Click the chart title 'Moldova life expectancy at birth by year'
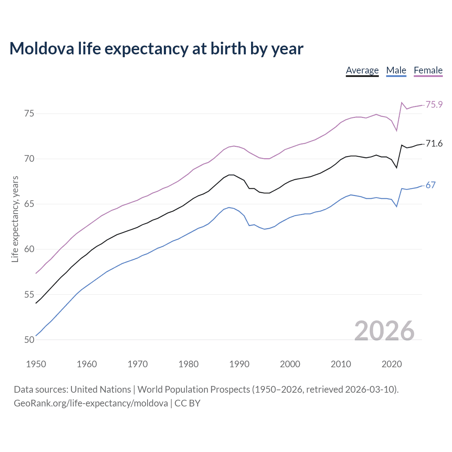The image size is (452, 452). coord(156,48)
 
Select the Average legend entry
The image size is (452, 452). coord(362,70)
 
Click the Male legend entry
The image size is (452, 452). coord(396,70)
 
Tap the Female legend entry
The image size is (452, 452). coord(428,70)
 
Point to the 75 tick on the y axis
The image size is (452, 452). coord(29,114)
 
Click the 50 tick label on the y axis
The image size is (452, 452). coord(29,340)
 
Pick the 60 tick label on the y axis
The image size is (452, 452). coord(29,249)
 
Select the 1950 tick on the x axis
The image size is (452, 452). coord(36,364)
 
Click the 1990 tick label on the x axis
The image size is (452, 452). coord(239,364)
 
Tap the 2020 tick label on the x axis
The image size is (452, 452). coord(391,364)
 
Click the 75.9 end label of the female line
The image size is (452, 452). coord(434,105)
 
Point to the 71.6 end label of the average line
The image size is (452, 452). coord(434,144)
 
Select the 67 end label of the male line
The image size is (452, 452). coord(430,185)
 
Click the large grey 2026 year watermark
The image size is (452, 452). coord(384,331)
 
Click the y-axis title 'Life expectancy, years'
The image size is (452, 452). coord(15,219)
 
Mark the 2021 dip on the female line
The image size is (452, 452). coord(397,131)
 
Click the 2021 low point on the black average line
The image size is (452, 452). coord(397,167)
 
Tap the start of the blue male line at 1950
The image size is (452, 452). coord(36,335)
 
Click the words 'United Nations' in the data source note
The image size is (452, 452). coord(101,389)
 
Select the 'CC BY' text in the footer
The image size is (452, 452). coord(188,403)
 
